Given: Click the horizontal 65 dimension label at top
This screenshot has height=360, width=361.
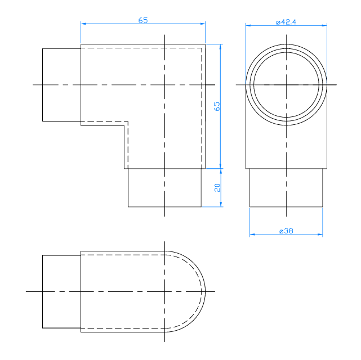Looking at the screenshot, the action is click(142, 20).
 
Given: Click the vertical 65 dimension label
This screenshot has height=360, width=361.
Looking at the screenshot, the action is click(217, 106).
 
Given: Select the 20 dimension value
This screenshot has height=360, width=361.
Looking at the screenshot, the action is click(217, 187).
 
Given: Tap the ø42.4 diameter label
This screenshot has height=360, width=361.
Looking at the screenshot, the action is click(286, 22).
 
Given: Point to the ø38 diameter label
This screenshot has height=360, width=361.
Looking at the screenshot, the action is click(286, 231).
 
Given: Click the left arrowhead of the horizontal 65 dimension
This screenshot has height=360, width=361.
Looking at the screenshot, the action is click(83, 24).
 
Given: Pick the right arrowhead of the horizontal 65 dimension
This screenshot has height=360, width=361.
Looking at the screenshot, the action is click(203, 24).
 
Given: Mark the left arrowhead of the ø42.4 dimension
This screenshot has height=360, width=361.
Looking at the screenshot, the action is click(248, 25).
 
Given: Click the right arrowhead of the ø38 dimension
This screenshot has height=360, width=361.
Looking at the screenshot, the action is click(320, 235).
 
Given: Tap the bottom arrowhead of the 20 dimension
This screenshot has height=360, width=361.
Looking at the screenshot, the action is click(221, 204).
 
